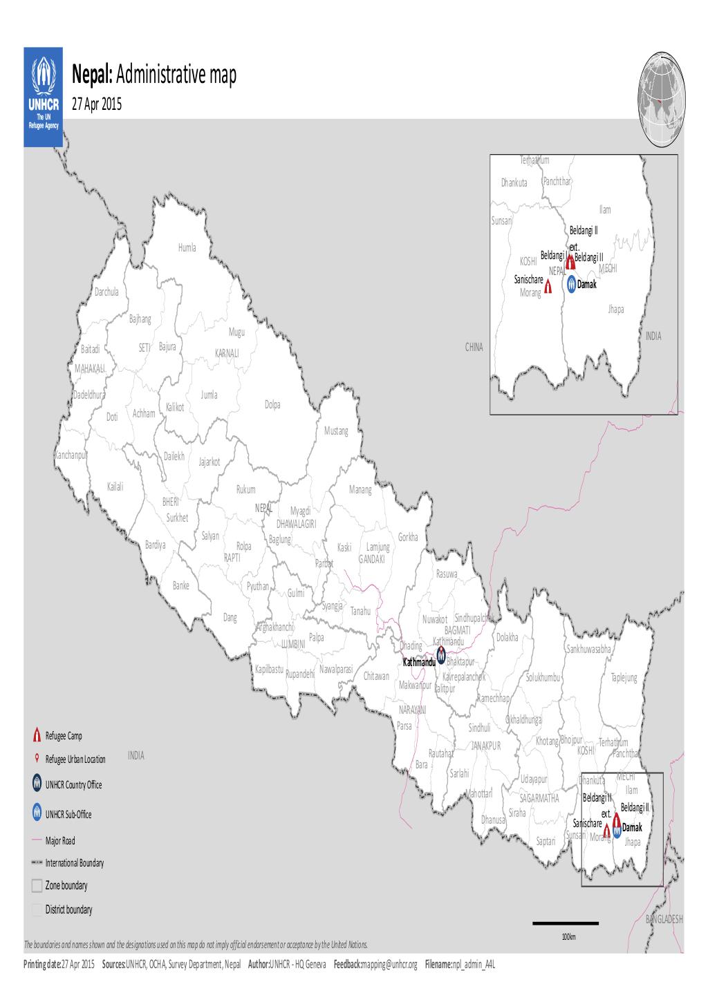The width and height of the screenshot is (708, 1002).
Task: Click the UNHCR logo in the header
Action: click(x=44, y=96)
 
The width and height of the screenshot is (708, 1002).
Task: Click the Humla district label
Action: click(x=187, y=247)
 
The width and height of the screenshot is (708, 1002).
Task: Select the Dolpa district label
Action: click(x=272, y=404)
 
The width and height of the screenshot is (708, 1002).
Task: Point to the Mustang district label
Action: click(x=336, y=431)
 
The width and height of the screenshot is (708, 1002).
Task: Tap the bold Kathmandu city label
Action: click(x=419, y=662)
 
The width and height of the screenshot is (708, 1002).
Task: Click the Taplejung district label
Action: click(x=624, y=678)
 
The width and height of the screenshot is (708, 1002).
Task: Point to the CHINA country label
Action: click(x=474, y=348)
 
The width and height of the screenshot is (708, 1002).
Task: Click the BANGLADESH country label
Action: click(x=664, y=919)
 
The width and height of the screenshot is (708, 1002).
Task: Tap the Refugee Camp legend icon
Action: click(x=37, y=735)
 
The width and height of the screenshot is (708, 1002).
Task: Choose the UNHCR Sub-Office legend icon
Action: click(x=37, y=813)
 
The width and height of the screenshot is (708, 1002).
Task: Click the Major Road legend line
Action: click(x=37, y=841)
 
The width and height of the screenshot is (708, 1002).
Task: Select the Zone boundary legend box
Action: click(x=37, y=886)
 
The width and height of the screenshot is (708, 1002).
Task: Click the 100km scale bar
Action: click(x=565, y=923)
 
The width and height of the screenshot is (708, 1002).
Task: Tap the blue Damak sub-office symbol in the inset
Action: click(x=571, y=284)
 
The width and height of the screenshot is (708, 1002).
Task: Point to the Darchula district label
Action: click(x=106, y=292)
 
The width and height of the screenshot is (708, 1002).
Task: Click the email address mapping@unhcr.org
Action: click(x=389, y=964)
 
